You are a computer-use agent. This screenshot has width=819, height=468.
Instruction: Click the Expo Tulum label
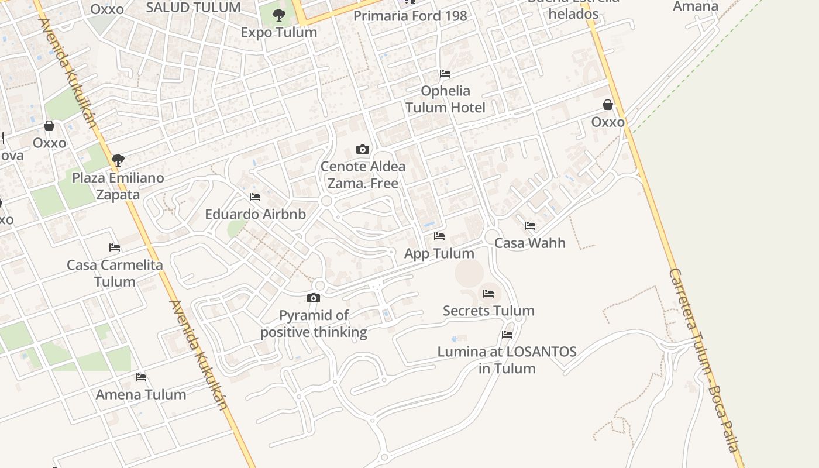[x=279, y=32]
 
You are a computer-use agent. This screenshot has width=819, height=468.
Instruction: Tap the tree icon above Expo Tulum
[x=279, y=15]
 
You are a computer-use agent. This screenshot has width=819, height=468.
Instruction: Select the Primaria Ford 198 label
[x=410, y=16]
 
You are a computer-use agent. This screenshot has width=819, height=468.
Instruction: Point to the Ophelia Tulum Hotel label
[x=445, y=99]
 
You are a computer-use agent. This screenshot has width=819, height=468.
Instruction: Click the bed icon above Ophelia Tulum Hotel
[x=445, y=74]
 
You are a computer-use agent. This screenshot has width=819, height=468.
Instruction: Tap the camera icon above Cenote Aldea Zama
[x=363, y=150]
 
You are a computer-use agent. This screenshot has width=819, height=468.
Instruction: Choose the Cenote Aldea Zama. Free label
[x=363, y=175]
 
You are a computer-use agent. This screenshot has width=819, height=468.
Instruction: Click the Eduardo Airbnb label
[x=255, y=214]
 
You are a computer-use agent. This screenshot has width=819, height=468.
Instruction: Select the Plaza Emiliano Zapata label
[x=118, y=186]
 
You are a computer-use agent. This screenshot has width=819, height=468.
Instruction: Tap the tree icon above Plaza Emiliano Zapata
[x=118, y=160]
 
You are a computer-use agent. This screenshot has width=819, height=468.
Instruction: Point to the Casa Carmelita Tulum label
[x=115, y=273]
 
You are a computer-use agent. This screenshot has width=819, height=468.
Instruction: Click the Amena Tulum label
[x=141, y=394]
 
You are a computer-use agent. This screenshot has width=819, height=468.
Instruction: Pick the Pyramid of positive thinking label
[x=314, y=324]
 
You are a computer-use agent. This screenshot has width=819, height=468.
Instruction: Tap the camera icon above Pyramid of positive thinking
[x=314, y=298]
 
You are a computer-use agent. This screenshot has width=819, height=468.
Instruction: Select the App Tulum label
[x=439, y=253]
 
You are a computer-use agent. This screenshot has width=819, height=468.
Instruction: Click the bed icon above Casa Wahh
[x=530, y=226]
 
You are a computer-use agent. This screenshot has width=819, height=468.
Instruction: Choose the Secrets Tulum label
[x=488, y=311]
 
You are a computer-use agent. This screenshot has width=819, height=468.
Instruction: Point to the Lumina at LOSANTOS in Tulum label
[x=507, y=360]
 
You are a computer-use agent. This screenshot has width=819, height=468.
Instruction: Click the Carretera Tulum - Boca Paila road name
[x=705, y=360]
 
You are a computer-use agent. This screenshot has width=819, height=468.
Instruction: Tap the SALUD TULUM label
[x=193, y=8]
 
